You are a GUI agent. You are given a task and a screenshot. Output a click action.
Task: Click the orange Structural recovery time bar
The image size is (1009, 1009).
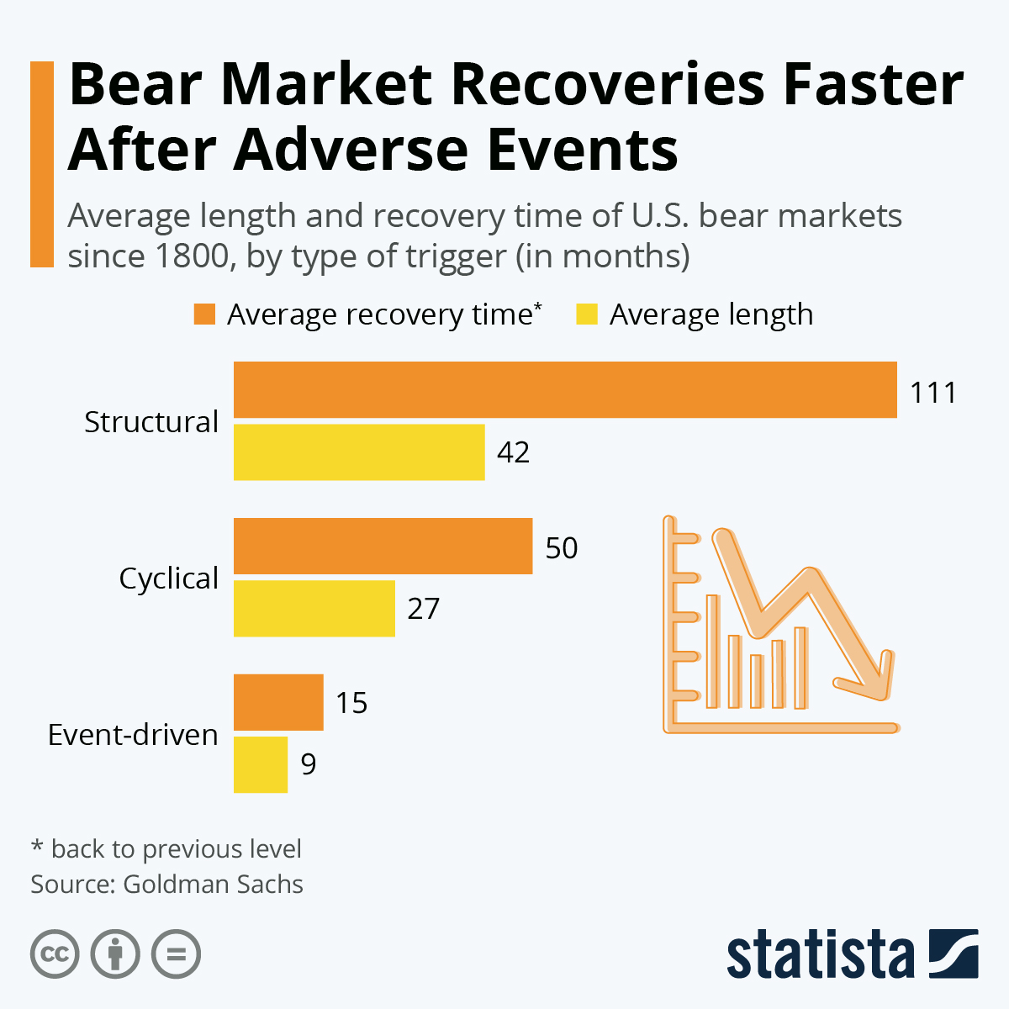[x=565, y=389]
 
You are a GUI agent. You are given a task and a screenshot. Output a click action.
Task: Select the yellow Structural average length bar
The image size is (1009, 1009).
[x=359, y=452]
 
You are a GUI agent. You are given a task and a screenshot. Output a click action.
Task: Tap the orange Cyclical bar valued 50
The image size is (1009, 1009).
[x=383, y=547]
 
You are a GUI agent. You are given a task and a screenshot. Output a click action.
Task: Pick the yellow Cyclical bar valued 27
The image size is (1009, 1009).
[x=314, y=608]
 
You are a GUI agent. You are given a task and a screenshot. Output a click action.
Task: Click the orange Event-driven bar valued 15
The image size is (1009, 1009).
[x=278, y=702]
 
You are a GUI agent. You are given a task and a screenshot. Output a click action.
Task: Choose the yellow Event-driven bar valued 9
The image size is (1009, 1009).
[x=261, y=764]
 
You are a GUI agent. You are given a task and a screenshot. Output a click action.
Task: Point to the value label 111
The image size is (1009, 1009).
[x=933, y=393]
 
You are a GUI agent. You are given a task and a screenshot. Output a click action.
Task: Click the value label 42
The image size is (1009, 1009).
[x=513, y=453]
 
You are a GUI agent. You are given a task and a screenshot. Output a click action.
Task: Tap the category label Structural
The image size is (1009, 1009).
[x=151, y=421]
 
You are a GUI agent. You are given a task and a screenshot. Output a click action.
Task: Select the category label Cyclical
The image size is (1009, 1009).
[x=168, y=578]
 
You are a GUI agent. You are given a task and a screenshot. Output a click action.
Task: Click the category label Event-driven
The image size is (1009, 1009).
[x=133, y=735]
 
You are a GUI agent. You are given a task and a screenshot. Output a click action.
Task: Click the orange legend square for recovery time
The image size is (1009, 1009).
[x=204, y=314]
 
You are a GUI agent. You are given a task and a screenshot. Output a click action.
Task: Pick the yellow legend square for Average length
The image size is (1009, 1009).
[x=586, y=314]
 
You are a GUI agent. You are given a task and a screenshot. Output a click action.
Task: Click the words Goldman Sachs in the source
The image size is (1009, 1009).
[x=213, y=885]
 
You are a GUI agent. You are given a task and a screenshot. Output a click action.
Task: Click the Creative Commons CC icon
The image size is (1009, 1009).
[x=55, y=954]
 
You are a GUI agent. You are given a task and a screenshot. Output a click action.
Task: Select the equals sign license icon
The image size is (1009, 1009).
[x=176, y=954]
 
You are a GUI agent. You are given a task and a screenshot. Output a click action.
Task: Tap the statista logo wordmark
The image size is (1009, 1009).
[x=820, y=955]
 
